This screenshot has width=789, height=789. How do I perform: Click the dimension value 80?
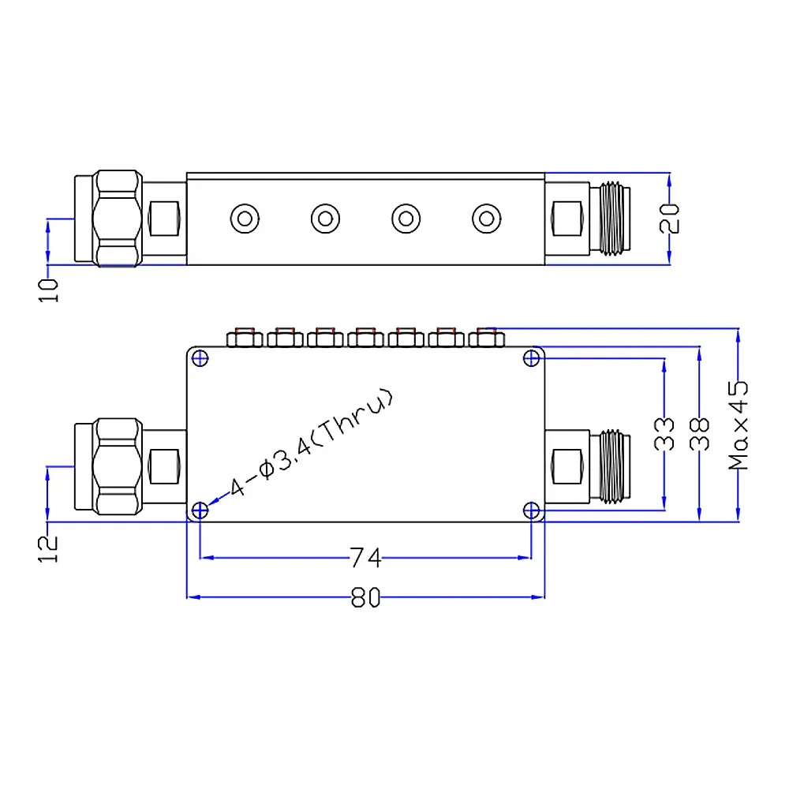tap(365, 598)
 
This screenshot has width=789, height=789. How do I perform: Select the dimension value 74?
tap(365, 559)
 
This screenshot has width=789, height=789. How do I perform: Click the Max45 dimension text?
tap(739, 426)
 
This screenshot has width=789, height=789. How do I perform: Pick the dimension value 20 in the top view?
tap(670, 218)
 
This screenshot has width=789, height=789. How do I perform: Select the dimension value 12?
tap(49, 548)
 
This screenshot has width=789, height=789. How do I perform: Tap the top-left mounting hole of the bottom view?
tap(200, 359)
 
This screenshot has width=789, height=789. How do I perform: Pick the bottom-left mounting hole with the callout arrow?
tap(200, 510)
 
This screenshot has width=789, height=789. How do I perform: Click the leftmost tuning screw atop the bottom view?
tap(244, 338)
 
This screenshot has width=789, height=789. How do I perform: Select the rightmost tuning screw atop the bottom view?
tap(486, 338)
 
